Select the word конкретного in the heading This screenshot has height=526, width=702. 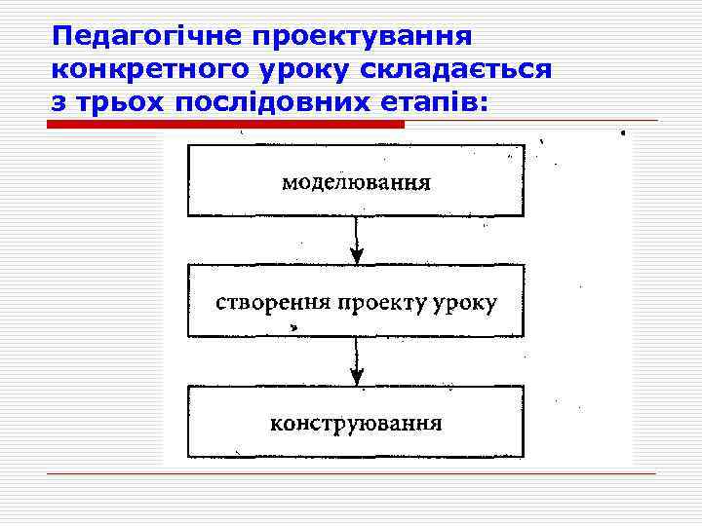(145, 70)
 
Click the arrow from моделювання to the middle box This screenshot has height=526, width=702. (357, 240)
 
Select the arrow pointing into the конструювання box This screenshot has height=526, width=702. (357, 362)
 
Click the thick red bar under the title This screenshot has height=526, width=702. (226, 125)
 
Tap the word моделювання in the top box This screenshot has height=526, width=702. (356, 182)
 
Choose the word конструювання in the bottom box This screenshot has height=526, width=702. (356, 424)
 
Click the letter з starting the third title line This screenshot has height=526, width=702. (58, 102)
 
